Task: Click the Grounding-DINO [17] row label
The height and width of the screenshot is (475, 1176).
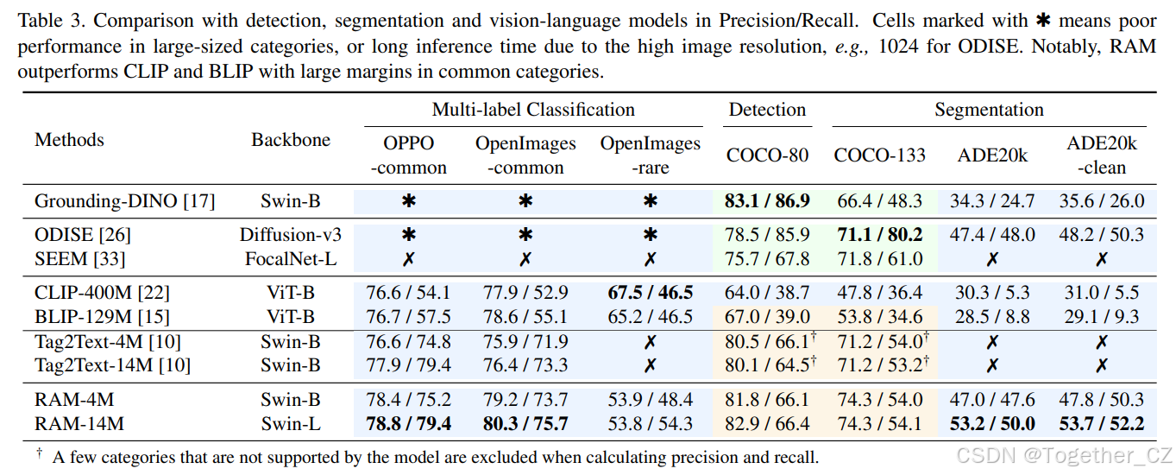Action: point(125,201)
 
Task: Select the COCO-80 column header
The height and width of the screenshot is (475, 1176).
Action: point(767,155)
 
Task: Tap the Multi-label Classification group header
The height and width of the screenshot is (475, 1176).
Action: point(533,110)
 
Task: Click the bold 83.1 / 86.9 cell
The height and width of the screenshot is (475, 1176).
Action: point(767,201)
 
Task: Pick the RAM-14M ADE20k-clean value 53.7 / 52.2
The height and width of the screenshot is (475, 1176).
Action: point(1101,423)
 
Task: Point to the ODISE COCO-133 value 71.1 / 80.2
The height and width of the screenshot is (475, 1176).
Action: point(877,235)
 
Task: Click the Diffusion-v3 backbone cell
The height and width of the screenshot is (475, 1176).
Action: point(291,235)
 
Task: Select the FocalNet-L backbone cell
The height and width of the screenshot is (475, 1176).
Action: point(291,258)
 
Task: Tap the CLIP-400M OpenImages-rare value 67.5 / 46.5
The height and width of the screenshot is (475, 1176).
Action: point(650,293)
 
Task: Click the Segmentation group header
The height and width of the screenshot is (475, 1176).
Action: point(989,110)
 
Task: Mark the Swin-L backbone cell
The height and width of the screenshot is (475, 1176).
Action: point(291,423)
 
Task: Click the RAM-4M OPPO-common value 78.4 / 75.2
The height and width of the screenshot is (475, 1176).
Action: point(408,400)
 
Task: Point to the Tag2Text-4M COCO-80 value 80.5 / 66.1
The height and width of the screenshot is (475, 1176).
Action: point(767,342)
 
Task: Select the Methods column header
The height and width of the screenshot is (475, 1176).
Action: point(69,140)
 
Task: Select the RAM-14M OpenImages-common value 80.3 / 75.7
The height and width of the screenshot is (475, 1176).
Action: point(525,423)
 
